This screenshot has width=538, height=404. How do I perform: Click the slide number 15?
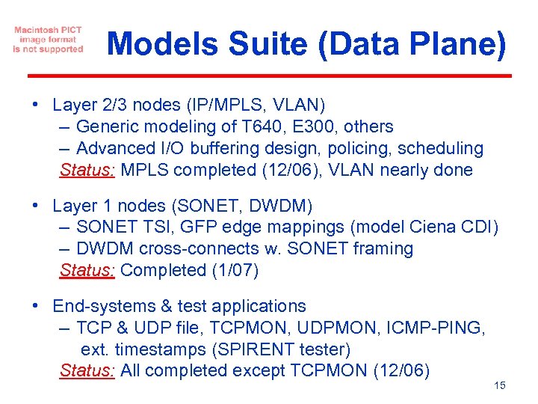[500, 385]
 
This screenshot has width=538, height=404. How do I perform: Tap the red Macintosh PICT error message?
[48, 40]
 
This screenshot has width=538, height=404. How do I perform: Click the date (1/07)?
[232, 270]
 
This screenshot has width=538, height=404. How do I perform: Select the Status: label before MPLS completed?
[87, 170]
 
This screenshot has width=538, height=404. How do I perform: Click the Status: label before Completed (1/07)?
[87, 270]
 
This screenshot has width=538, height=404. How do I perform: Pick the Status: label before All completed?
[87, 370]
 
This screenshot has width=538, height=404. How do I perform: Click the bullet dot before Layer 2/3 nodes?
[36, 103]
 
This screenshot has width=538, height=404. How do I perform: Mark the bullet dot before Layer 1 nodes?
[36, 204]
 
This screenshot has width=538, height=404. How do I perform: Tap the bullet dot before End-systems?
[36, 305]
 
